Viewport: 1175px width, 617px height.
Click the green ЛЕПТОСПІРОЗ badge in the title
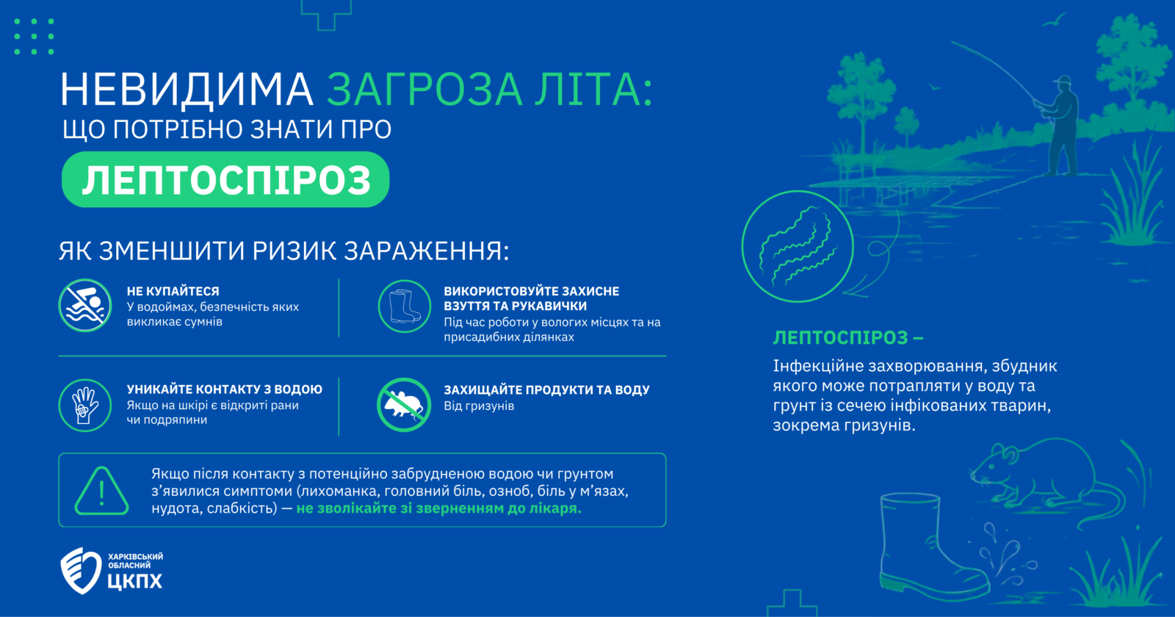(x=225, y=179)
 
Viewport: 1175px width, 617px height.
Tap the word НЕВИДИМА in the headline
(x=187, y=90)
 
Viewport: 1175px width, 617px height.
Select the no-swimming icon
(x=85, y=306)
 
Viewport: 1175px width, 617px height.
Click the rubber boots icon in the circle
(x=405, y=306)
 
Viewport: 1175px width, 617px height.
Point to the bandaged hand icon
(x=85, y=405)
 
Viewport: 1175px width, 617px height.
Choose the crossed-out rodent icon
(x=404, y=405)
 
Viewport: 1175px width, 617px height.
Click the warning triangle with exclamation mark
(x=102, y=491)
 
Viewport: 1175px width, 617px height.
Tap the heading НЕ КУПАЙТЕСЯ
(x=173, y=291)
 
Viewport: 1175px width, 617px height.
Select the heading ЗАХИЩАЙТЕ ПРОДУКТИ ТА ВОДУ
(x=546, y=390)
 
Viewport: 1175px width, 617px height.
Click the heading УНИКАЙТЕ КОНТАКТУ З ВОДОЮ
(x=225, y=389)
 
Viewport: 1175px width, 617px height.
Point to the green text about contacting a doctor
(x=439, y=508)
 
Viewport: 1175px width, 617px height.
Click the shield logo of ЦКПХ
(x=81, y=570)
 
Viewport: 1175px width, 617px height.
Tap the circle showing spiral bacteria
(x=798, y=247)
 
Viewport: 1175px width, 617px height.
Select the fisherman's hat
(x=1063, y=80)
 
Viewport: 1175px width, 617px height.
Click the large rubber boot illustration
(x=928, y=547)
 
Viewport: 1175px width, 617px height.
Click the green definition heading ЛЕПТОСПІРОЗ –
(x=848, y=338)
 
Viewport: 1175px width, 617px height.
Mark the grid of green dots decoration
(x=34, y=36)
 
